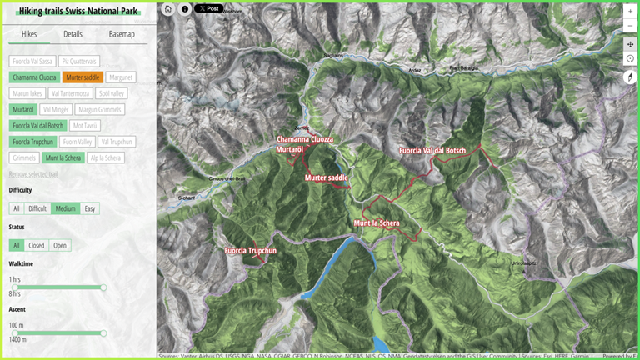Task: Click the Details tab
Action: click(x=72, y=34)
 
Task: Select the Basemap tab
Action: click(x=122, y=34)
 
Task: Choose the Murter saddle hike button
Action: click(x=83, y=77)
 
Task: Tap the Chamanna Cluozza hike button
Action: click(x=33, y=77)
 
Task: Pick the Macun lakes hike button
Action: click(x=27, y=93)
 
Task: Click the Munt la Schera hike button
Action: click(x=63, y=157)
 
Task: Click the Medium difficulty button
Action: click(x=66, y=208)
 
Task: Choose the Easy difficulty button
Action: click(x=90, y=208)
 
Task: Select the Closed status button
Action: click(x=37, y=245)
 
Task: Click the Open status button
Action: click(x=60, y=245)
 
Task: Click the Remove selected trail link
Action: click(x=33, y=174)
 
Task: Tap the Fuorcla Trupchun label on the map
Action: click(x=250, y=250)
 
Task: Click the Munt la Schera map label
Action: click(x=376, y=223)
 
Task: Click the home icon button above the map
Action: click(x=167, y=9)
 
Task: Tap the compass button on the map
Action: click(x=631, y=77)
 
